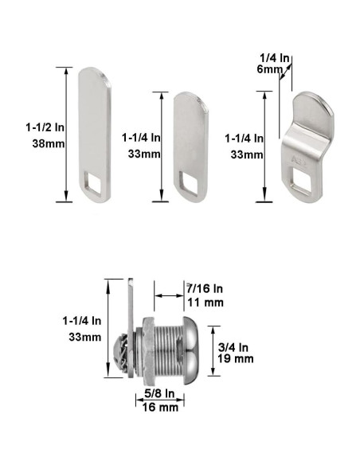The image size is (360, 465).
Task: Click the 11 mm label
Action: coord(203,303)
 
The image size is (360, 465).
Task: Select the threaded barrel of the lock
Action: coord(165,349)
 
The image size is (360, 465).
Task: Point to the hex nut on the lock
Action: coord(146,349)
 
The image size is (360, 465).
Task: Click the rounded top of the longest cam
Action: coord(93,76)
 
